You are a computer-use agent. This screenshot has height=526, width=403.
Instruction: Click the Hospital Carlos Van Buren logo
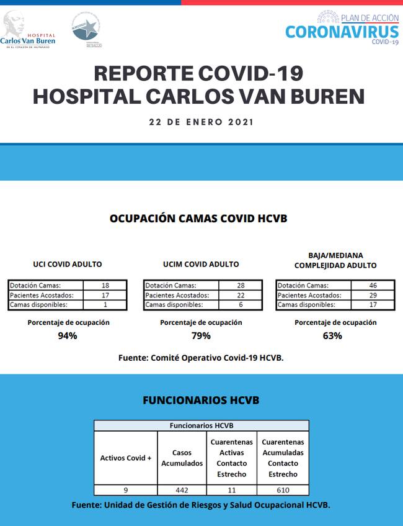pos(29,30)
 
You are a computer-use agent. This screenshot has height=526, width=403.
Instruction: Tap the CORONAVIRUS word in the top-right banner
pos(342,32)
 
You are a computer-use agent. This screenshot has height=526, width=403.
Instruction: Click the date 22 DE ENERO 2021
pos(201,122)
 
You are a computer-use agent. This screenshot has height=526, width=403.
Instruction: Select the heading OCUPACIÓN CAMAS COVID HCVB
pos(198,219)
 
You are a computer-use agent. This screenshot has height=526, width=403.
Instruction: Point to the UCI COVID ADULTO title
pos(68,264)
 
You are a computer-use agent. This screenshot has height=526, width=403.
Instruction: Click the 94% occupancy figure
pos(68,336)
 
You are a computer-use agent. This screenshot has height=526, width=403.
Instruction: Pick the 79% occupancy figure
pos(201,336)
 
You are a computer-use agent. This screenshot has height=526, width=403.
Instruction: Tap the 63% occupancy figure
pos(332,336)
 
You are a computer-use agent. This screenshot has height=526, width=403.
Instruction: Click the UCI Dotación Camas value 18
pos(105,286)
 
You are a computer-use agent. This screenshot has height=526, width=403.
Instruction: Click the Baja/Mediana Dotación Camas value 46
pos(373,286)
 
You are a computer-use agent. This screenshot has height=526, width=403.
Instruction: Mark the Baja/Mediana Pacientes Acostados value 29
pos(373,295)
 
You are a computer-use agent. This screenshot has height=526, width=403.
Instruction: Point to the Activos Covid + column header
pos(126,458)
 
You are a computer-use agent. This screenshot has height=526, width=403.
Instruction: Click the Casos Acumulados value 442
pos(182,490)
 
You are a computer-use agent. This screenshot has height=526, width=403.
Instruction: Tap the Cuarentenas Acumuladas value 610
pos(283,490)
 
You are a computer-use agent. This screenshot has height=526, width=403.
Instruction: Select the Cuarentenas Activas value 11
pos(231,490)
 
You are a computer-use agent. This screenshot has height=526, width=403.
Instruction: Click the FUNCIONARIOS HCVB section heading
pos(201,401)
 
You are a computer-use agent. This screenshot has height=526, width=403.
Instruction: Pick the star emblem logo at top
pos(86,29)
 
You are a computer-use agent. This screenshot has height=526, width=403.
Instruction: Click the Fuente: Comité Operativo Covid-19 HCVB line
pos(201,358)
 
